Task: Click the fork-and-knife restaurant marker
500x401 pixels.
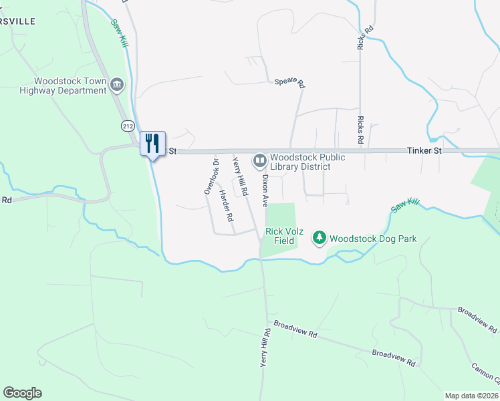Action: point(152,143)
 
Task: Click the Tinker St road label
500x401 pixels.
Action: point(424,151)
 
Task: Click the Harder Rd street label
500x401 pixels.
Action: point(227,205)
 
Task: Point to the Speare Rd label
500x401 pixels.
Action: point(289,83)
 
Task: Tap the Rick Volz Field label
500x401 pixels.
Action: point(285,236)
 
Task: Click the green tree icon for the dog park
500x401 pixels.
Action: point(320,238)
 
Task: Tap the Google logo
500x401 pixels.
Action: point(22,393)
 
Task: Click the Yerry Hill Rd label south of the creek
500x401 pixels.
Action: point(265,347)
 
